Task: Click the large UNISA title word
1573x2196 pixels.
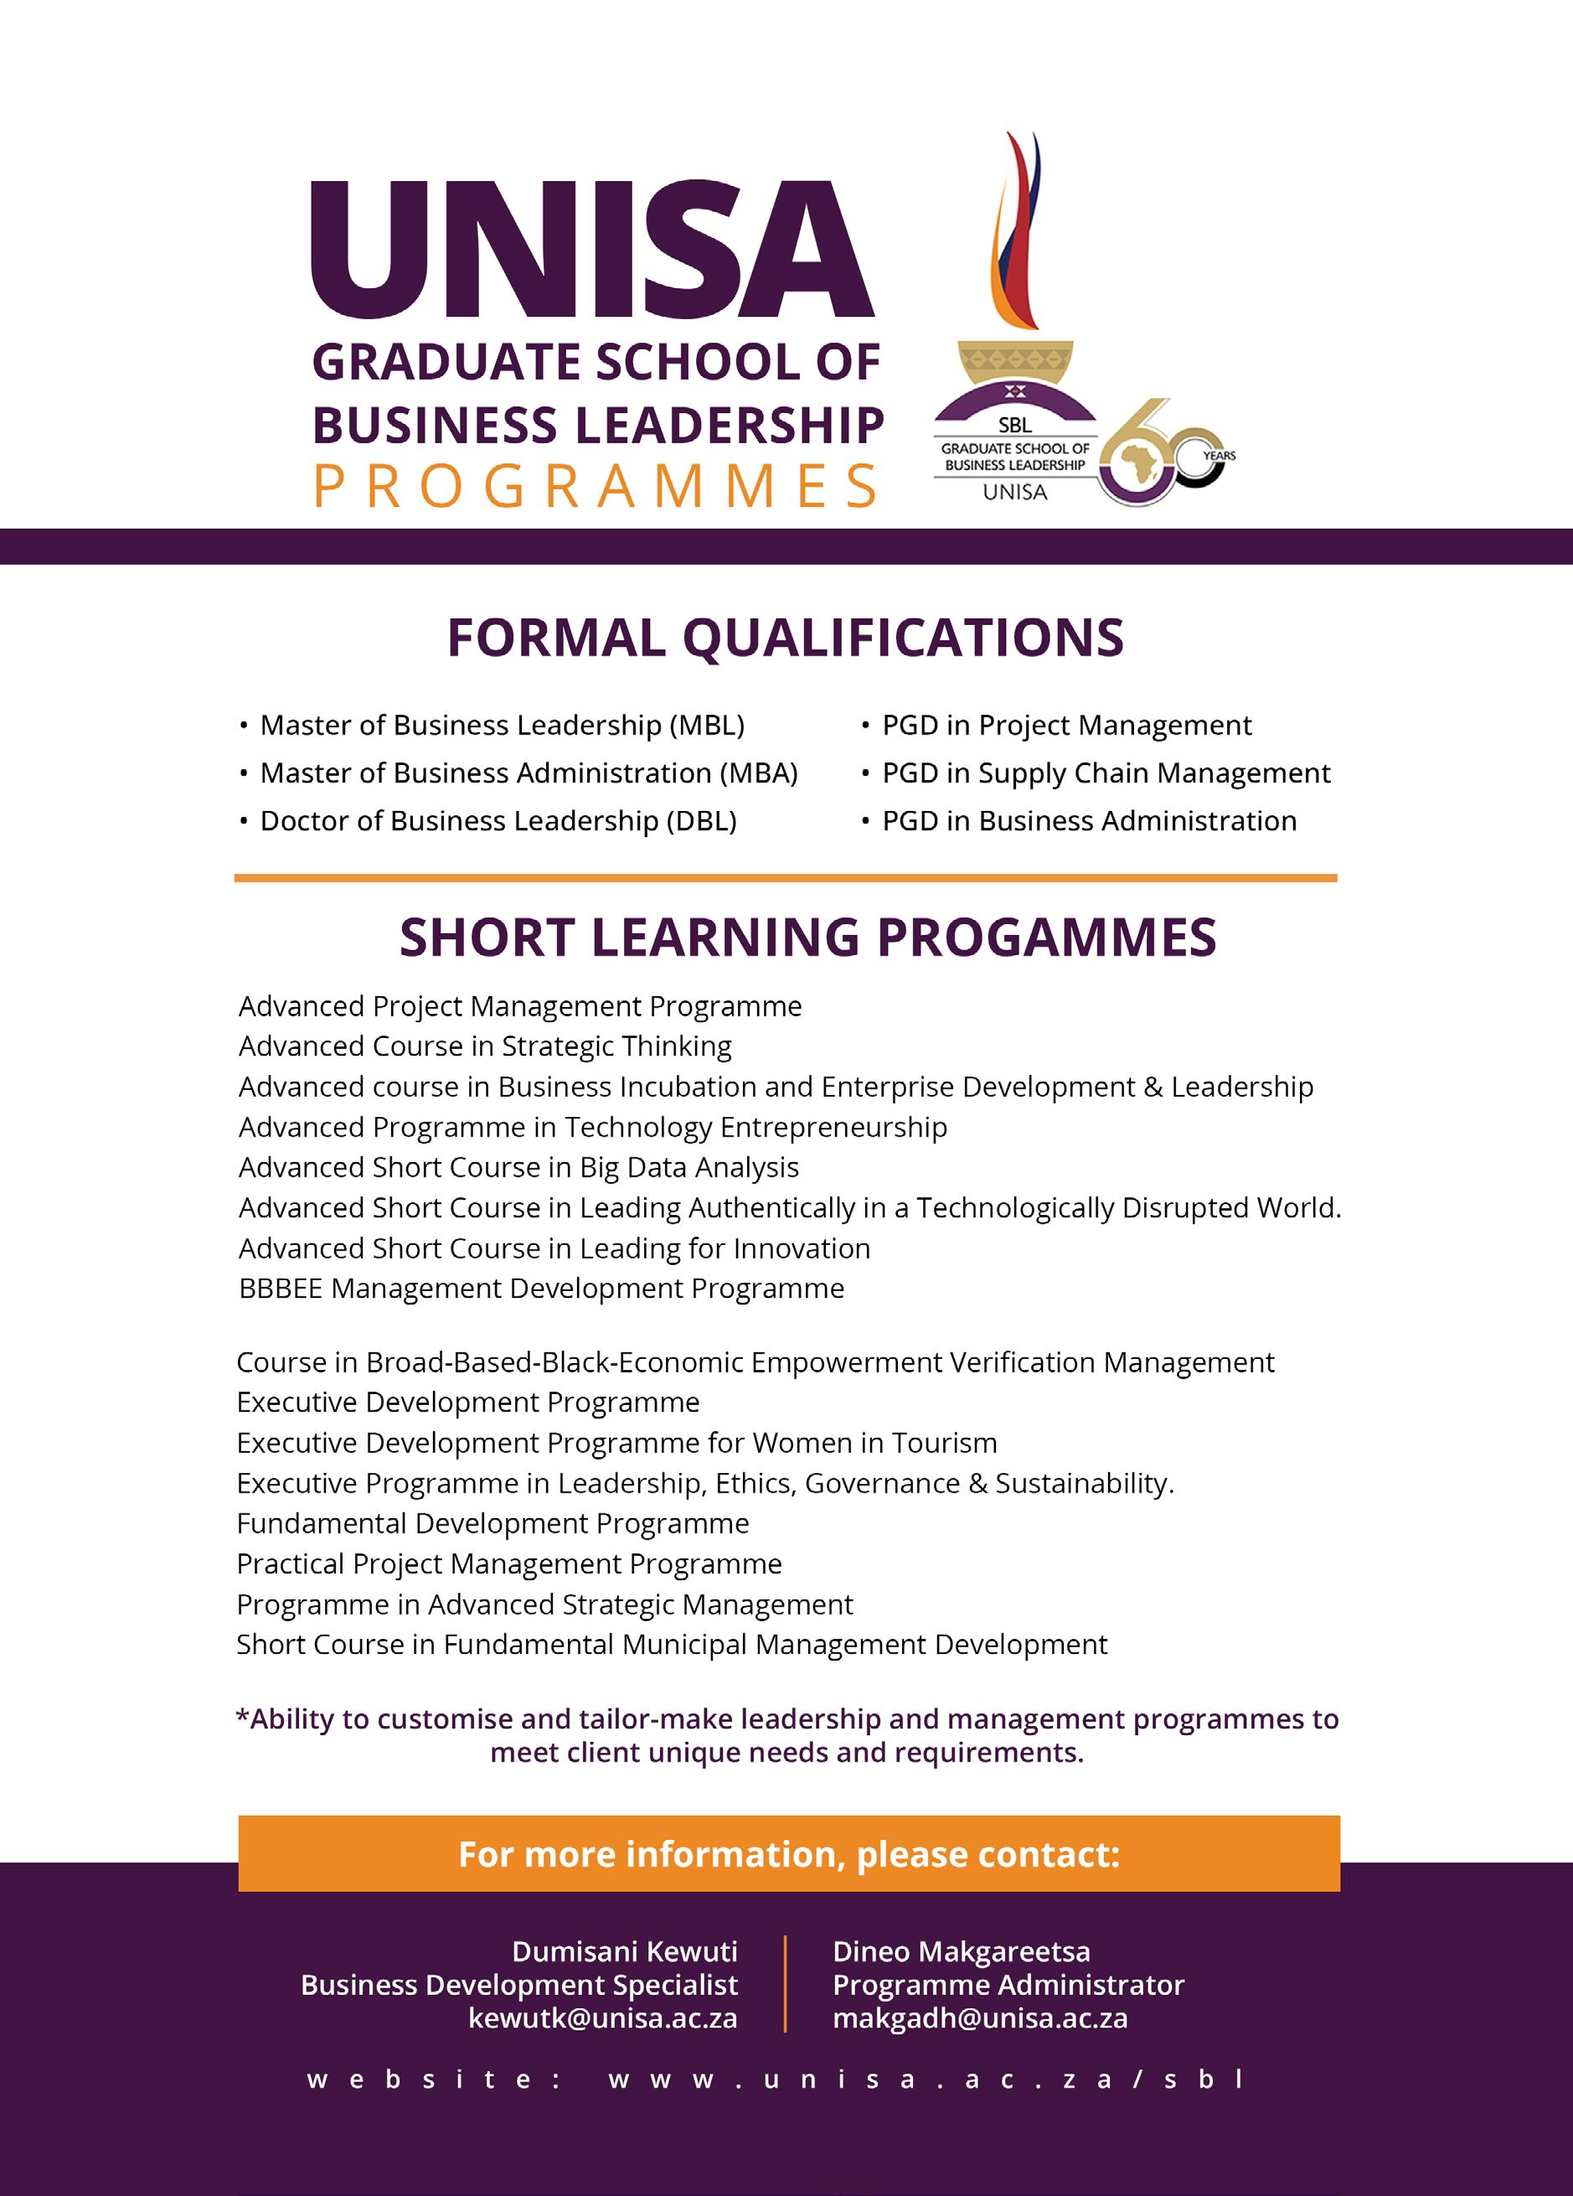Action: pyautogui.click(x=591, y=251)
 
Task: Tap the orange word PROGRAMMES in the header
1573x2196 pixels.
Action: pyautogui.click(x=596, y=487)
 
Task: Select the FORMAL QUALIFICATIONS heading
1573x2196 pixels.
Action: pyautogui.click(x=785, y=638)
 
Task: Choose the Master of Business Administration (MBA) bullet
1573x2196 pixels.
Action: pyautogui.click(x=529, y=772)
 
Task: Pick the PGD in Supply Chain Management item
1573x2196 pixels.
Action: pyautogui.click(x=1106, y=772)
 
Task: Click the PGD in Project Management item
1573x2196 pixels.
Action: pyautogui.click(x=1065, y=726)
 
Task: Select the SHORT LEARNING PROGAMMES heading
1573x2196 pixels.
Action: pyautogui.click(x=807, y=938)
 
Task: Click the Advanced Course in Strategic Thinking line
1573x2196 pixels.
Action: pyautogui.click(x=485, y=1046)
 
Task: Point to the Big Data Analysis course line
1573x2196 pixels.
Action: pyautogui.click(x=518, y=1168)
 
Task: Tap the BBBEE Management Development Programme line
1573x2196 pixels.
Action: pyautogui.click(x=541, y=1289)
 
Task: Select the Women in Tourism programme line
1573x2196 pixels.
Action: pyautogui.click(x=616, y=1443)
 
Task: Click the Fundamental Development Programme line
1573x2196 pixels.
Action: pyautogui.click(x=493, y=1523)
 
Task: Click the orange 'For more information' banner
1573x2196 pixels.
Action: pyautogui.click(x=789, y=1854)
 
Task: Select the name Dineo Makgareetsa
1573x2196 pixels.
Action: pyautogui.click(x=962, y=1951)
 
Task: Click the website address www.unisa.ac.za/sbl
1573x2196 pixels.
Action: pyautogui.click(x=926, y=2079)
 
